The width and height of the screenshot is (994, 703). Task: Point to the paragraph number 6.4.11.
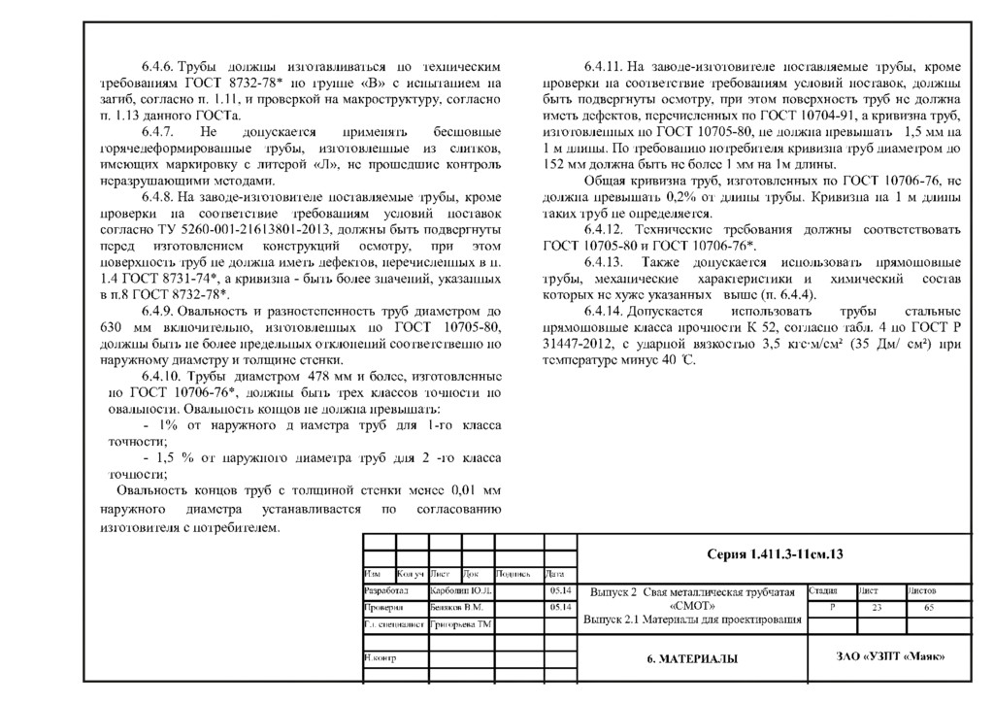pos(602,68)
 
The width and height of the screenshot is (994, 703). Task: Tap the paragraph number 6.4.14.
pos(602,312)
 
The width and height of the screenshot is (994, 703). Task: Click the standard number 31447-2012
pos(578,344)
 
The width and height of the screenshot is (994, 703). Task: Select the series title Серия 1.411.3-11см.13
pos(775,554)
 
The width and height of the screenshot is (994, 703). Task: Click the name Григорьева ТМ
pos(461,623)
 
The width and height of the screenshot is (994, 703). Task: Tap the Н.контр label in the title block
pos(381,657)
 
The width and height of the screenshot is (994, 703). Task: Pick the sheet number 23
pos(877,606)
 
